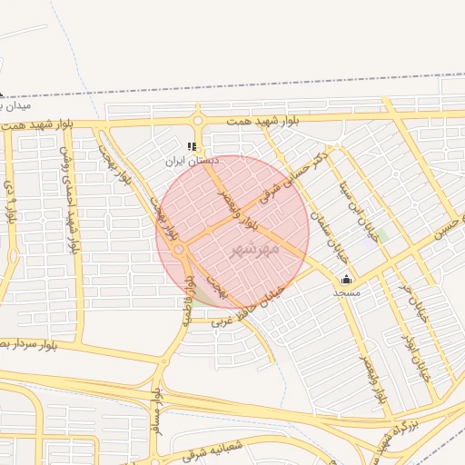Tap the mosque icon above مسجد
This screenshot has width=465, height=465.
point(345,280)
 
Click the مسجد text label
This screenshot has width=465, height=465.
point(346,292)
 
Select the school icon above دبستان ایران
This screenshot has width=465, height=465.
point(191,146)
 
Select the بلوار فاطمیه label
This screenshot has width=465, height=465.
point(191,293)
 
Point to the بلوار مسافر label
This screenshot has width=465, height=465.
point(158,413)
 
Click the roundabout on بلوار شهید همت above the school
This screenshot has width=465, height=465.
point(198,120)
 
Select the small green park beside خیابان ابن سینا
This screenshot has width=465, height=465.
point(382,235)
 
